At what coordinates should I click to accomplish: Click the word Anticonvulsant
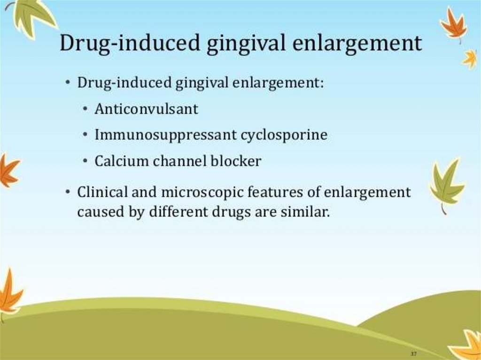pyautogui.click(x=147, y=109)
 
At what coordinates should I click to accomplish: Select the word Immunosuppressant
pyautogui.click(x=166, y=135)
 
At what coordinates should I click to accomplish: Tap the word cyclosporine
pyautogui.click(x=284, y=135)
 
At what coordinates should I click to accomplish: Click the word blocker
pyautogui.click(x=236, y=161)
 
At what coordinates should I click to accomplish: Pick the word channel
pyautogui.click(x=180, y=161)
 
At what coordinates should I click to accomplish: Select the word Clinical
pyautogui.click(x=102, y=192)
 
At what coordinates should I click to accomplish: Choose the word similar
pyautogui.click(x=305, y=212)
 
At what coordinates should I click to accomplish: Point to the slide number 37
pyautogui.click(x=413, y=354)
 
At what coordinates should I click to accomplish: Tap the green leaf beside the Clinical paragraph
pyautogui.click(x=446, y=185)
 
